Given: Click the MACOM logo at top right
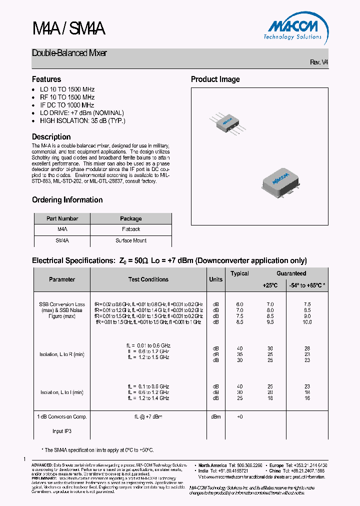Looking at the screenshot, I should click(x=292, y=27).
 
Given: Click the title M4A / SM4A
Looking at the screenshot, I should click(x=68, y=29).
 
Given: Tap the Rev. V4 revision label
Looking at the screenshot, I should click(x=319, y=62).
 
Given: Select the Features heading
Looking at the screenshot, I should click(x=46, y=79).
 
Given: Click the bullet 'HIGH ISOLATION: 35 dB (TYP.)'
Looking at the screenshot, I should click(x=82, y=121).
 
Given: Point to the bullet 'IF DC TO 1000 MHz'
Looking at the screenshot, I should click(x=67, y=105).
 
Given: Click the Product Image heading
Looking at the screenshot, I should click(x=215, y=79).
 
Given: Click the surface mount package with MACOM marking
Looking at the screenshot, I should click(x=282, y=179).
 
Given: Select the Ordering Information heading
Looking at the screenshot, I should click(x=67, y=200).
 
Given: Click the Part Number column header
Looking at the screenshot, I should click(x=62, y=218).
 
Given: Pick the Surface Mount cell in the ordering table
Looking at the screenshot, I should click(x=131, y=240).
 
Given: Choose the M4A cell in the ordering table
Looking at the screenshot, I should click(x=62, y=229).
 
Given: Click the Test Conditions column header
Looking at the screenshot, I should click(x=148, y=279).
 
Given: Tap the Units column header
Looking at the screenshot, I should click(x=215, y=279).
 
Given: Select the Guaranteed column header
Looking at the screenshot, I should click(x=291, y=273).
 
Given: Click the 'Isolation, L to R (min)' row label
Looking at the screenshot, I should click(x=62, y=354).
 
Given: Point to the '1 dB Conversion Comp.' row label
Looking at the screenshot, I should click(x=62, y=416).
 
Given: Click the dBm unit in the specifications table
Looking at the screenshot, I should click(x=215, y=416).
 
